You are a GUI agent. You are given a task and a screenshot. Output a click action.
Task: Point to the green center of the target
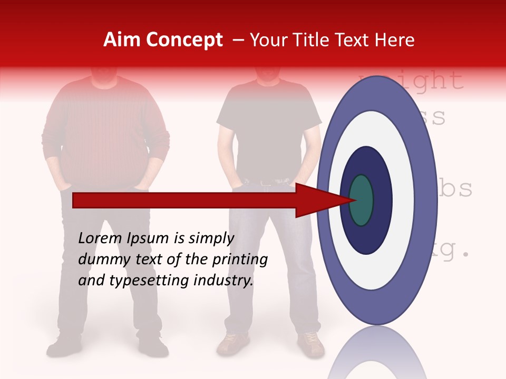click(x=361, y=200)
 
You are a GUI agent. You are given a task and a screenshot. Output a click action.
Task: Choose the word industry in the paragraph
click(x=223, y=280)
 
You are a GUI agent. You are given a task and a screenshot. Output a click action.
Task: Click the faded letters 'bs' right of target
click(x=456, y=189)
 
